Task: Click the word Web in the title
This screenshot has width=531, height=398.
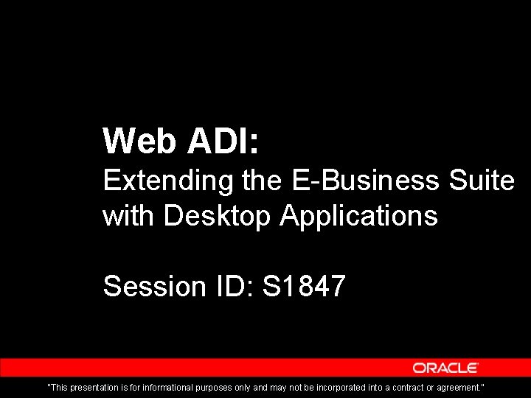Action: tap(140, 141)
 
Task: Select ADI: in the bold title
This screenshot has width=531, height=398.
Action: tap(223, 141)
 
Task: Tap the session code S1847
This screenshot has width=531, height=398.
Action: tap(303, 286)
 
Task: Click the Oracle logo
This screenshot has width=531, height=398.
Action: tap(445, 368)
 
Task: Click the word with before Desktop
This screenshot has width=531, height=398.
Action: tap(129, 216)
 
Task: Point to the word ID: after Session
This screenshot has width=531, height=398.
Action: tap(232, 286)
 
